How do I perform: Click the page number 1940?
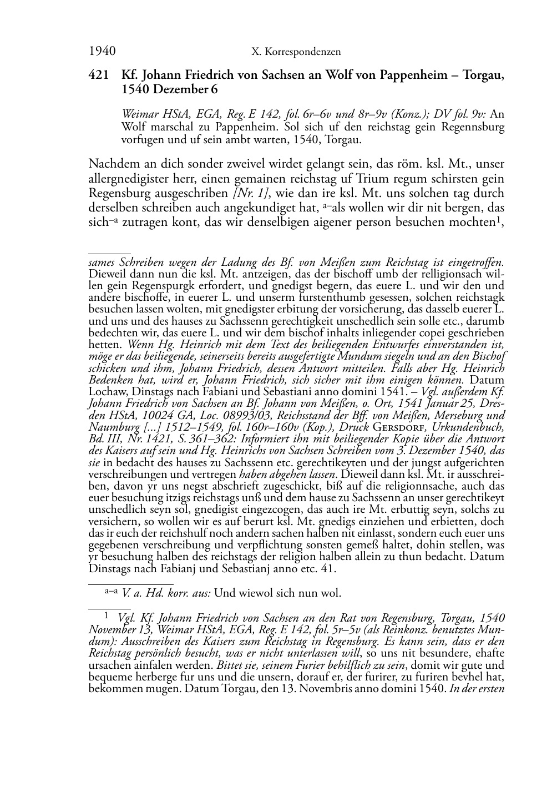102,52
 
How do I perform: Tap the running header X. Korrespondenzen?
296,52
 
